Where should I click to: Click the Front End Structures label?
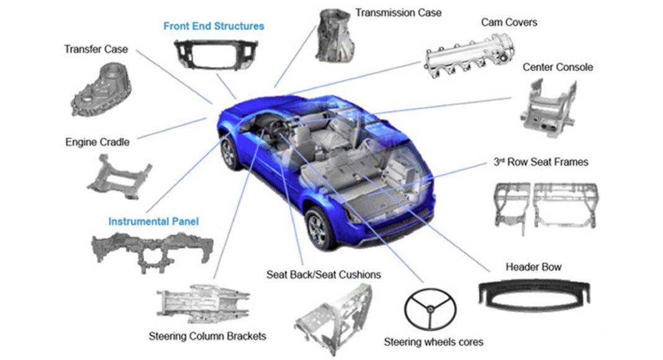pos(214,26)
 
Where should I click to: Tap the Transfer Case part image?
pos(101,89)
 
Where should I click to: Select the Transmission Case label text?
pos(399,12)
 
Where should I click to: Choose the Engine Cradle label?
pos(97,142)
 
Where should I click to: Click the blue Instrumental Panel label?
pos(153,222)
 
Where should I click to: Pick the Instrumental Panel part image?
pos(152,251)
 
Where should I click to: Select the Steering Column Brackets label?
pos(207,336)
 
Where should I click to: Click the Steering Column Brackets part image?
pos(204,304)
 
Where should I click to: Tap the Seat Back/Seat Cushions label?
pos(323,274)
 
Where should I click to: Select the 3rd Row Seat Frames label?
pos(541,162)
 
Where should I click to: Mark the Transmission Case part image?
pos(335,35)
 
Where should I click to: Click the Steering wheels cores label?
pos(433,342)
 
